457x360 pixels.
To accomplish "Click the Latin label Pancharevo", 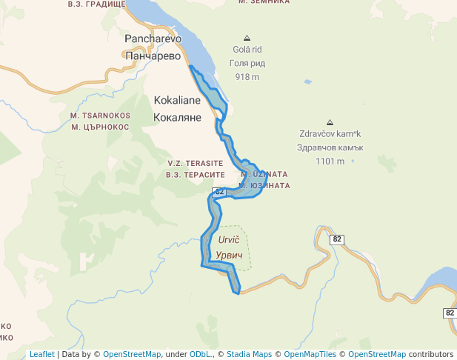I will pyautogui.click(x=153, y=39).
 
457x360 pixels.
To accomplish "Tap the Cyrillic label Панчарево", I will pyautogui.click(x=153, y=56).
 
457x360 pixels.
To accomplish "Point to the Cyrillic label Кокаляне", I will pyautogui.click(x=178, y=117).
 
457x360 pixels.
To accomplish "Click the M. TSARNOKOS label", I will pyautogui.click(x=100, y=116).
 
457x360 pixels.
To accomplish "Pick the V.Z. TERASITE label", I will pyautogui.click(x=196, y=163).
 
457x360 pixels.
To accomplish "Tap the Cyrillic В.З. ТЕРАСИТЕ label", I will pyautogui.click(x=196, y=174).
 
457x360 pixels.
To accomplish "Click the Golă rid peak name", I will pyautogui.click(x=247, y=50).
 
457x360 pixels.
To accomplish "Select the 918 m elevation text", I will pyautogui.click(x=247, y=76).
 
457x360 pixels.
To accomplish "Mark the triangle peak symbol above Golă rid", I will pyautogui.click(x=247, y=38).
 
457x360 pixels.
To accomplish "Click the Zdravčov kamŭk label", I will pyautogui.click(x=329, y=135).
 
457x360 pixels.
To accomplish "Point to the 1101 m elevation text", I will pyautogui.click(x=329, y=161).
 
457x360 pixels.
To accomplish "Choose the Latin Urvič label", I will pyautogui.click(x=230, y=240).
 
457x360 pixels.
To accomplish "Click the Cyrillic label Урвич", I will pyautogui.click(x=230, y=255).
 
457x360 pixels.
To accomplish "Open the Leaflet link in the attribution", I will pyautogui.click(x=42, y=354).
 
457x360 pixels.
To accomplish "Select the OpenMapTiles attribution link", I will pyautogui.click(x=311, y=354).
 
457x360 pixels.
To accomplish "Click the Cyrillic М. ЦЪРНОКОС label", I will pyautogui.click(x=100, y=127).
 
